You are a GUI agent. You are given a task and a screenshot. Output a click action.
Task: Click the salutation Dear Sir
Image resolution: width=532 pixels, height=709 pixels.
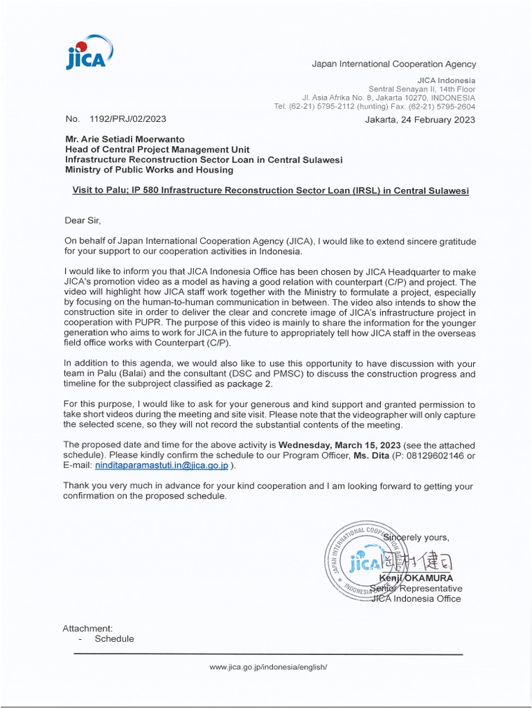(82, 220)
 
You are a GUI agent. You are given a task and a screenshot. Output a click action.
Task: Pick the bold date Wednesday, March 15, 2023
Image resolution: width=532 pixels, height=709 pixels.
(337, 445)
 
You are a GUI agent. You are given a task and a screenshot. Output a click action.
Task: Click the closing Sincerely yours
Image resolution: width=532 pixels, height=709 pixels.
(416, 537)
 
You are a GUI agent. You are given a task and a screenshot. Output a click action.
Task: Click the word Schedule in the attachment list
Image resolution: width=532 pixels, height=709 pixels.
(114, 639)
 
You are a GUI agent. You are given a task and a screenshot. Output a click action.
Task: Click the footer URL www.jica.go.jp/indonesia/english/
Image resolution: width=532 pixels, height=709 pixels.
(267, 667)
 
